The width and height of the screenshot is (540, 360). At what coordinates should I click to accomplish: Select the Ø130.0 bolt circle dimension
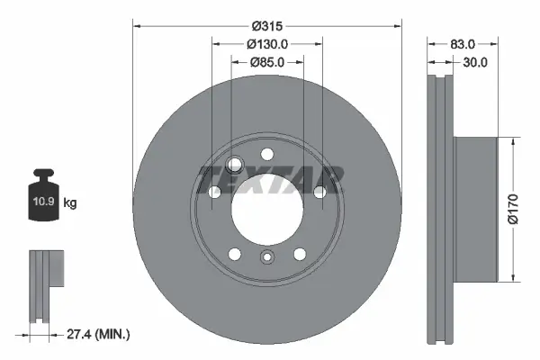click(266, 44)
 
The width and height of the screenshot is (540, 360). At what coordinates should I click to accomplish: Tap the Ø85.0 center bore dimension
click(266, 62)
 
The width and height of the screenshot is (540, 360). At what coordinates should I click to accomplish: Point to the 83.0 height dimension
click(463, 43)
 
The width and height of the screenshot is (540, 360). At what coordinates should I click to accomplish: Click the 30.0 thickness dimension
click(474, 62)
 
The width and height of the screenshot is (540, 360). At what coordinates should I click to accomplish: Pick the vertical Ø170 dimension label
click(513, 208)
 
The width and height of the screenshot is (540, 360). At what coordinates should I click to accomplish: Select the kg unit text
click(70, 203)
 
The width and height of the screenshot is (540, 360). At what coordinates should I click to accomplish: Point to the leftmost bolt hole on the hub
click(215, 192)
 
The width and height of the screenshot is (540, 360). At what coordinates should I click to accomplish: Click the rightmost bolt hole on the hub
click(319, 192)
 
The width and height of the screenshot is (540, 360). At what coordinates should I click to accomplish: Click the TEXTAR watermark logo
click(270, 179)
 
